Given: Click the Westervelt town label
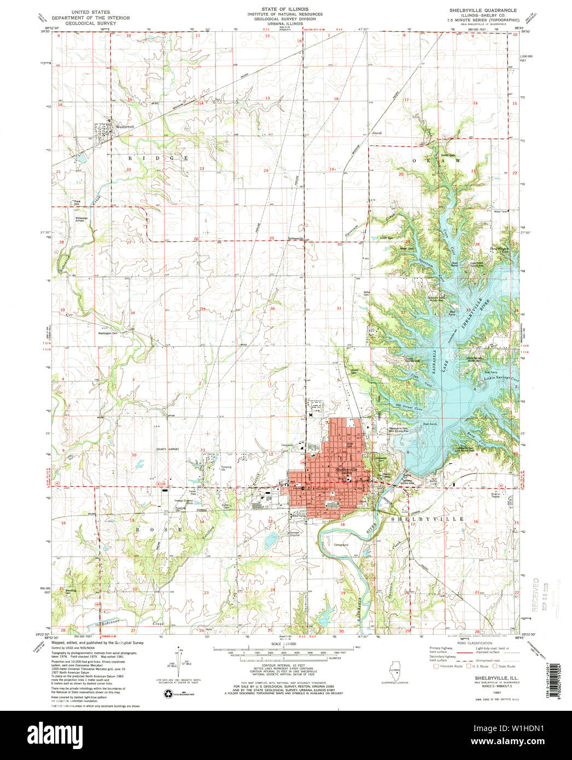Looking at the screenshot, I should (125, 127).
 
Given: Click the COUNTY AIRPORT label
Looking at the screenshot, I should (167, 449).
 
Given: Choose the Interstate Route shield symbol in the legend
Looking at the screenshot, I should (436, 666).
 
